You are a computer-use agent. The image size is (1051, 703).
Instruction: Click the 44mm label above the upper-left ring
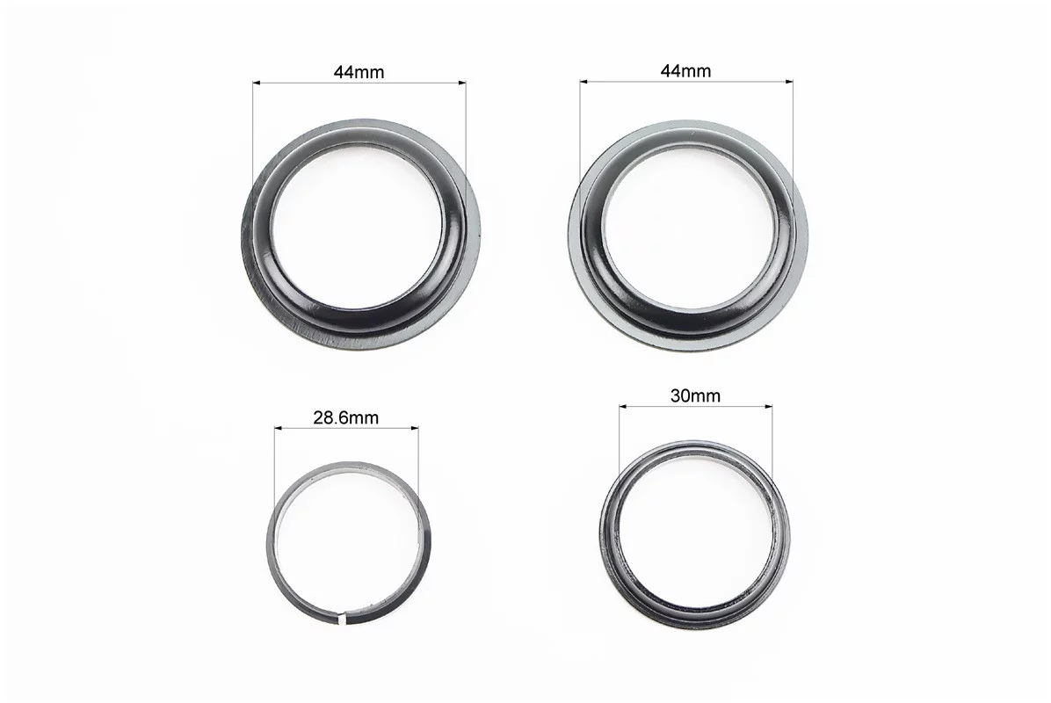pyautogui.click(x=359, y=71)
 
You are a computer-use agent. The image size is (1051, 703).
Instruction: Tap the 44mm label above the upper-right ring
pyautogui.click(x=685, y=70)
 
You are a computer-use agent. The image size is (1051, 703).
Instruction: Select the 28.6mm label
pyautogui.click(x=346, y=417)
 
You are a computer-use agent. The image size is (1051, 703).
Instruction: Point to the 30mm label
pyautogui.click(x=695, y=395)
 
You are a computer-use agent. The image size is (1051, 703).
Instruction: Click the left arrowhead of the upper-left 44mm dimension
pyautogui.click(x=256, y=83)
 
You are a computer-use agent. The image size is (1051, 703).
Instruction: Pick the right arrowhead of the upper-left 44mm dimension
pyautogui.click(x=462, y=83)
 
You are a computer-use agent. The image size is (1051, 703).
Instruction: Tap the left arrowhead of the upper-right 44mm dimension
pyautogui.click(x=583, y=82)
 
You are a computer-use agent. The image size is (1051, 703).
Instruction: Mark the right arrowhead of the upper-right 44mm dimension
pyautogui.click(x=789, y=82)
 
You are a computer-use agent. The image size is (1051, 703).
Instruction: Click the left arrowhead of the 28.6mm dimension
pyautogui.click(x=278, y=428)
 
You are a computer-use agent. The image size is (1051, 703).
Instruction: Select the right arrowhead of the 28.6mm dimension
pyautogui.click(x=415, y=428)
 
